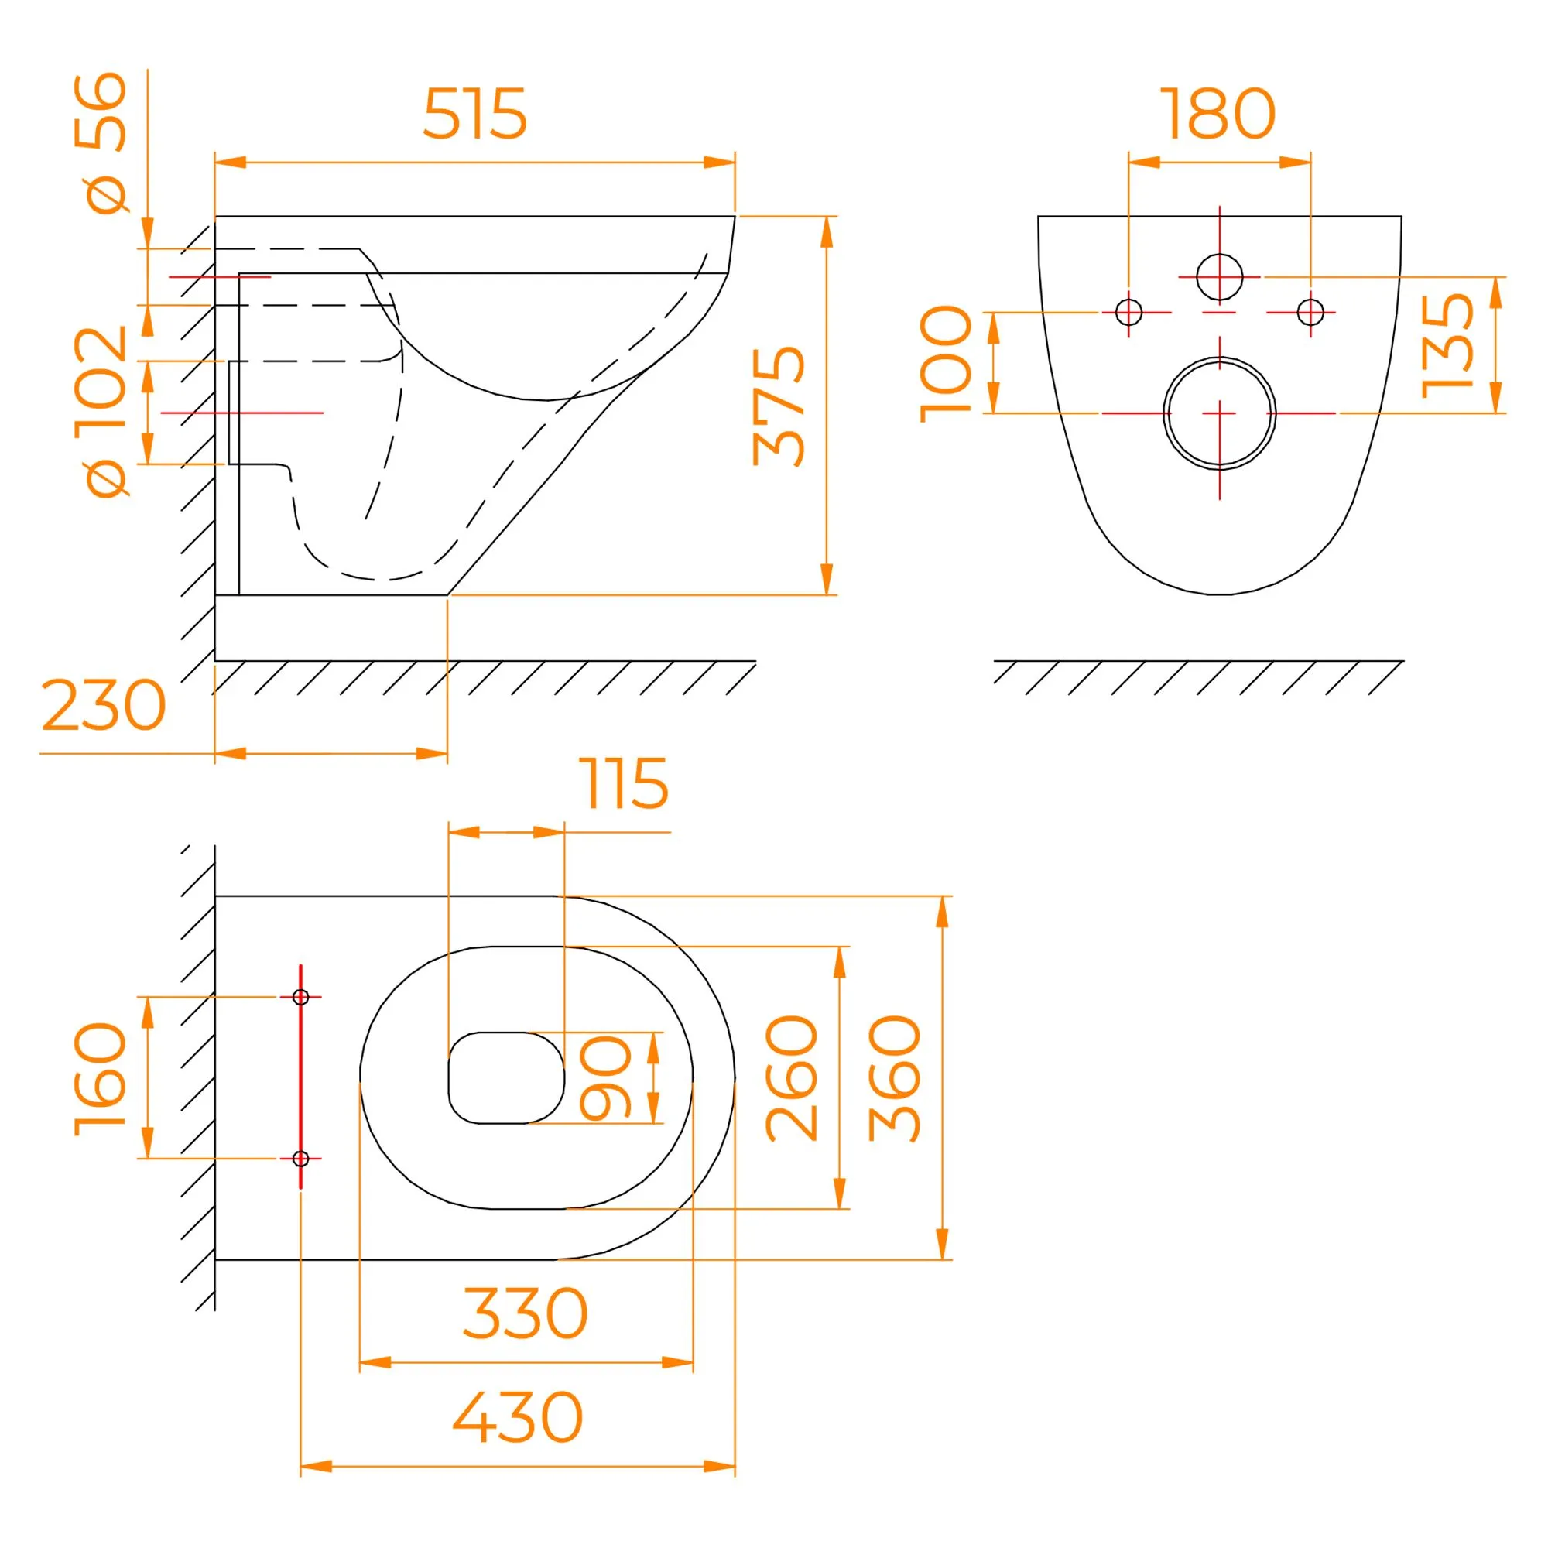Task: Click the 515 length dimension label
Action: (474, 114)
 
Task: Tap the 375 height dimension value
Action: (779, 406)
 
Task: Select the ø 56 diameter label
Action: (101, 143)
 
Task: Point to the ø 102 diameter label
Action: (101, 412)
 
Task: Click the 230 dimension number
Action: (104, 705)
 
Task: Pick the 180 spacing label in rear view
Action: (1218, 114)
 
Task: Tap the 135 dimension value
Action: (1447, 345)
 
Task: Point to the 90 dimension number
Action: (606, 1077)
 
